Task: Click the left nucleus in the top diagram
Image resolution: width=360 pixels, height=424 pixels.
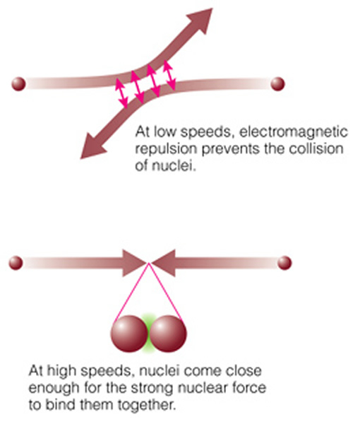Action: coord(18,84)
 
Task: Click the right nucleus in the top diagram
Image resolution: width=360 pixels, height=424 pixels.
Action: coord(277,84)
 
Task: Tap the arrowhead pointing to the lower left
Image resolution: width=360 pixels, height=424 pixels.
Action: coord(94,146)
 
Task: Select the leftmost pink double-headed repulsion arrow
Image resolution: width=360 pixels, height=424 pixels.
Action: coord(121,93)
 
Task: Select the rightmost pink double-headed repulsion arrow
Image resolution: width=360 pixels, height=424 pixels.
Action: coord(169,75)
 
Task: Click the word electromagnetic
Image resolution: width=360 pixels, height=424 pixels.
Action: coord(293,132)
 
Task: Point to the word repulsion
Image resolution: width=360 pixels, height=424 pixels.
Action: coord(166,149)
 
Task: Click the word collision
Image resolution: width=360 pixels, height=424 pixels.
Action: coord(316,148)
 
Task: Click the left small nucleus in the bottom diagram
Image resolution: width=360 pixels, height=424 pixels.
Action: coord(16,263)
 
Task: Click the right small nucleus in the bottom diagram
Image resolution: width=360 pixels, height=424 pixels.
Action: coord(284,263)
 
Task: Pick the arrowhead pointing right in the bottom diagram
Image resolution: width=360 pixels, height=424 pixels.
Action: coord(134,263)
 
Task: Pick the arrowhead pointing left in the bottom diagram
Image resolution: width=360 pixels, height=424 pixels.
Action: coord(163,263)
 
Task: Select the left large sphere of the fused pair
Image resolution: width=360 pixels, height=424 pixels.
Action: coord(129,334)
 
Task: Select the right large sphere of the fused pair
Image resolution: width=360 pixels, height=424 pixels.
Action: coord(168,334)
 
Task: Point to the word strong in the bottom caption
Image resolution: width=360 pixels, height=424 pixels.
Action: coord(152,388)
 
